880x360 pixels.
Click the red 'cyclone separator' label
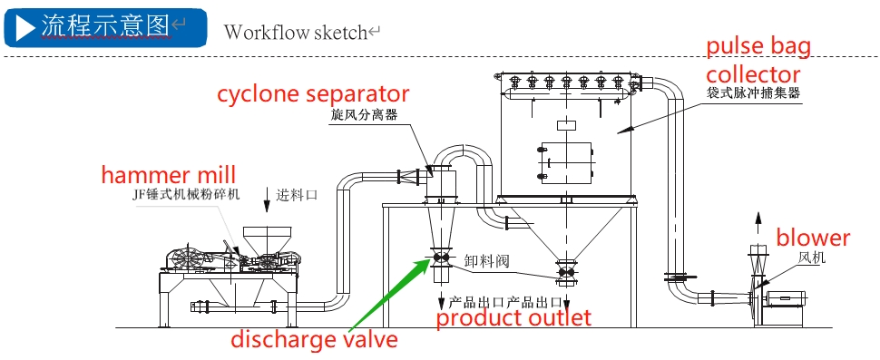click(x=313, y=94)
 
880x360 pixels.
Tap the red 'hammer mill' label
click(x=169, y=174)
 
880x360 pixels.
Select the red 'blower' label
click(x=813, y=238)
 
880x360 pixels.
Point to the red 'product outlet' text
click(x=513, y=318)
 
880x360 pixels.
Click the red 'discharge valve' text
click(x=315, y=339)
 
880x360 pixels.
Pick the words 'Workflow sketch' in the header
click(x=295, y=32)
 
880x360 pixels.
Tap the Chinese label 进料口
click(x=298, y=195)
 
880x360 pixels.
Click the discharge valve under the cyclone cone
click(x=439, y=258)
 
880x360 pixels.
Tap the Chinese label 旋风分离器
click(x=364, y=115)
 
